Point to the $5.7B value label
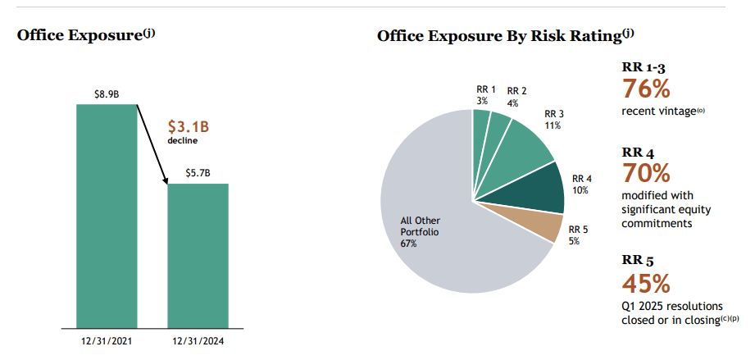click(198, 173)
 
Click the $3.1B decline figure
click(189, 127)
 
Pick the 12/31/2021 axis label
click(107, 339)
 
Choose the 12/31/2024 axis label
click(198, 339)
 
